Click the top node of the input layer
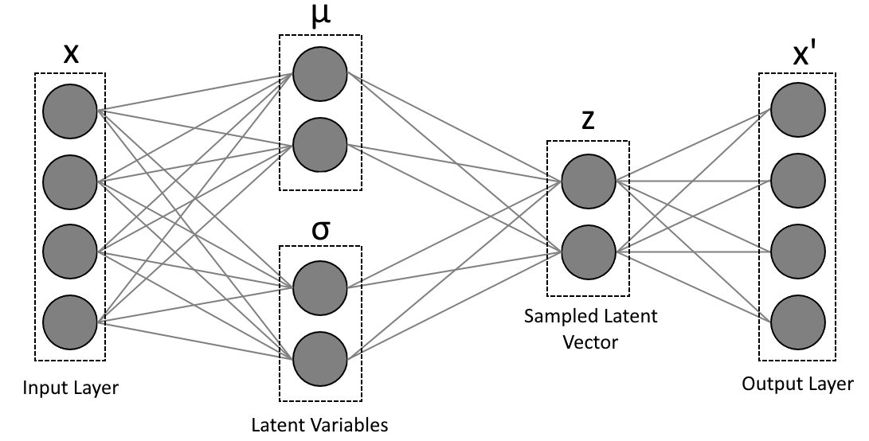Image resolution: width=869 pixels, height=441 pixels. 70,111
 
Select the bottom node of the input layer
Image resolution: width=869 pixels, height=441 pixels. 70,322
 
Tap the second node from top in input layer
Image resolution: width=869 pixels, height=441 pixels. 70,181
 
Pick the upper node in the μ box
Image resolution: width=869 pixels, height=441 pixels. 320,74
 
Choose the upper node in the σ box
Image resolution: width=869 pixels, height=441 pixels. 320,287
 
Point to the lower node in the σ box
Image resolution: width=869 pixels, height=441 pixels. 320,358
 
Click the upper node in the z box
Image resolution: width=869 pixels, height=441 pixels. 589,181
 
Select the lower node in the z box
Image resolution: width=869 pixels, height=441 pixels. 589,252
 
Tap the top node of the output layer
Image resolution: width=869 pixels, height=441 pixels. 798,110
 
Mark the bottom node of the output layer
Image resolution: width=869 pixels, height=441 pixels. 798,322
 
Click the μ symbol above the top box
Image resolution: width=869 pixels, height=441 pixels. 320,15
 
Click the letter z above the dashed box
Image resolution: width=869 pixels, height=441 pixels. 588,120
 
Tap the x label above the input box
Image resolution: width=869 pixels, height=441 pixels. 71,54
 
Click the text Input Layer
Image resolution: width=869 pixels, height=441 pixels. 70,387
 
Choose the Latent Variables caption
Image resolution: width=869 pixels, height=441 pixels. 319,425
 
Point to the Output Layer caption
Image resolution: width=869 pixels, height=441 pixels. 797,384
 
